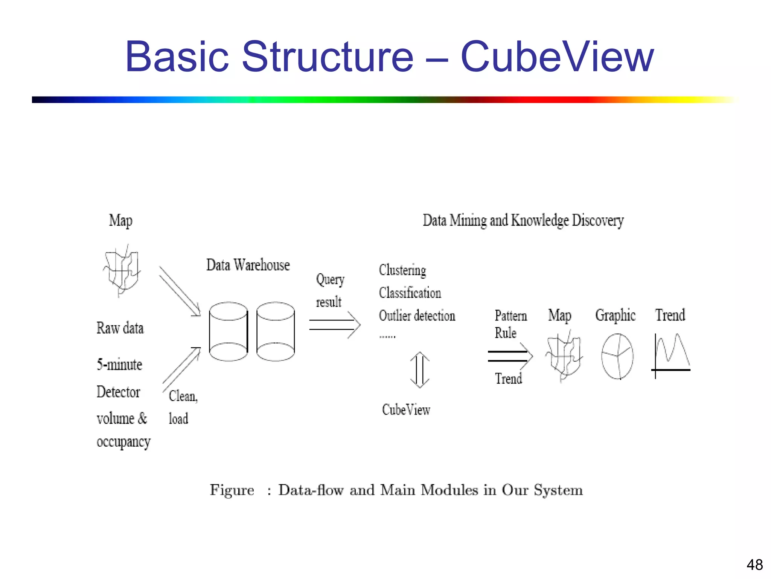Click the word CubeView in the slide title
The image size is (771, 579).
(x=557, y=57)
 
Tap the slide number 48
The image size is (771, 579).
(x=754, y=565)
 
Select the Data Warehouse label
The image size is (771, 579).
(x=248, y=265)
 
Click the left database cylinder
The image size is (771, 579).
(x=228, y=332)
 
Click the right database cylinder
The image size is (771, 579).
(x=276, y=332)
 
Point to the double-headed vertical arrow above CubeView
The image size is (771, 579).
(x=420, y=370)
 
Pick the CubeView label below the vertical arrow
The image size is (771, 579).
(x=406, y=410)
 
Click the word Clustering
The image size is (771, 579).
(x=402, y=270)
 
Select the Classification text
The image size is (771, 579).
(x=410, y=293)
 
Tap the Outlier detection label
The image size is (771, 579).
(x=417, y=316)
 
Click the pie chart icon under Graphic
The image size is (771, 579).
(x=617, y=356)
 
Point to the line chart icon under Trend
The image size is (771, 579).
(x=671, y=354)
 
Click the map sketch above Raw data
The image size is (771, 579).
(x=122, y=271)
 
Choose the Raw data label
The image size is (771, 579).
(x=120, y=328)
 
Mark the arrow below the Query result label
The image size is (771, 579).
(x=334, y=325)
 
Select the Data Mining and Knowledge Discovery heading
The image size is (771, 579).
(x=523, y=221)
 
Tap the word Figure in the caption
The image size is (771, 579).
(x=232, y=490)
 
